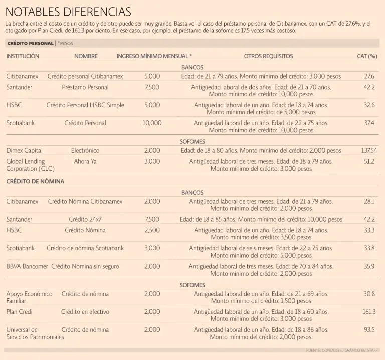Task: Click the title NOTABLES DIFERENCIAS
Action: click(x=68, y=11)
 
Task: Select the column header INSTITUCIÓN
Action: click(x=23, y=56)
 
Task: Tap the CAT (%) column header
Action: click(x=367, y=56)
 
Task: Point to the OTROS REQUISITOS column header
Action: click(x=268, y=56)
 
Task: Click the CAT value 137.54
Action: click(x=369, y=150)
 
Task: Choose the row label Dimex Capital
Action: click(x=24, y=150)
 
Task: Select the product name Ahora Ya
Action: click(x=85, y=161)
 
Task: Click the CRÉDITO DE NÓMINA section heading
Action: click(x=35, y=181)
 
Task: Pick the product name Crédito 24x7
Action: click(x=85, y=219)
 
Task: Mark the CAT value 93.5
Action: click(x=369, y=330)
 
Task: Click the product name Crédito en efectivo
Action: click(x=85, y=311)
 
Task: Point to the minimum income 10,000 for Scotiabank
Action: click(x=152, y=123)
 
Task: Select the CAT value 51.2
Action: click(x=369, y=161)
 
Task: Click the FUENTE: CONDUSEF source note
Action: click(x=341, y=350)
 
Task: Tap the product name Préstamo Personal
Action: click(x=85, y=87)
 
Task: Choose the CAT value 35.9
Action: click(x=369, y=266)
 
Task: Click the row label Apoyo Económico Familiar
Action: click(x=29, y=297)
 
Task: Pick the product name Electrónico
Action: click(x=85, y=150)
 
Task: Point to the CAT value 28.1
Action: click(x=369, y=201)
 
